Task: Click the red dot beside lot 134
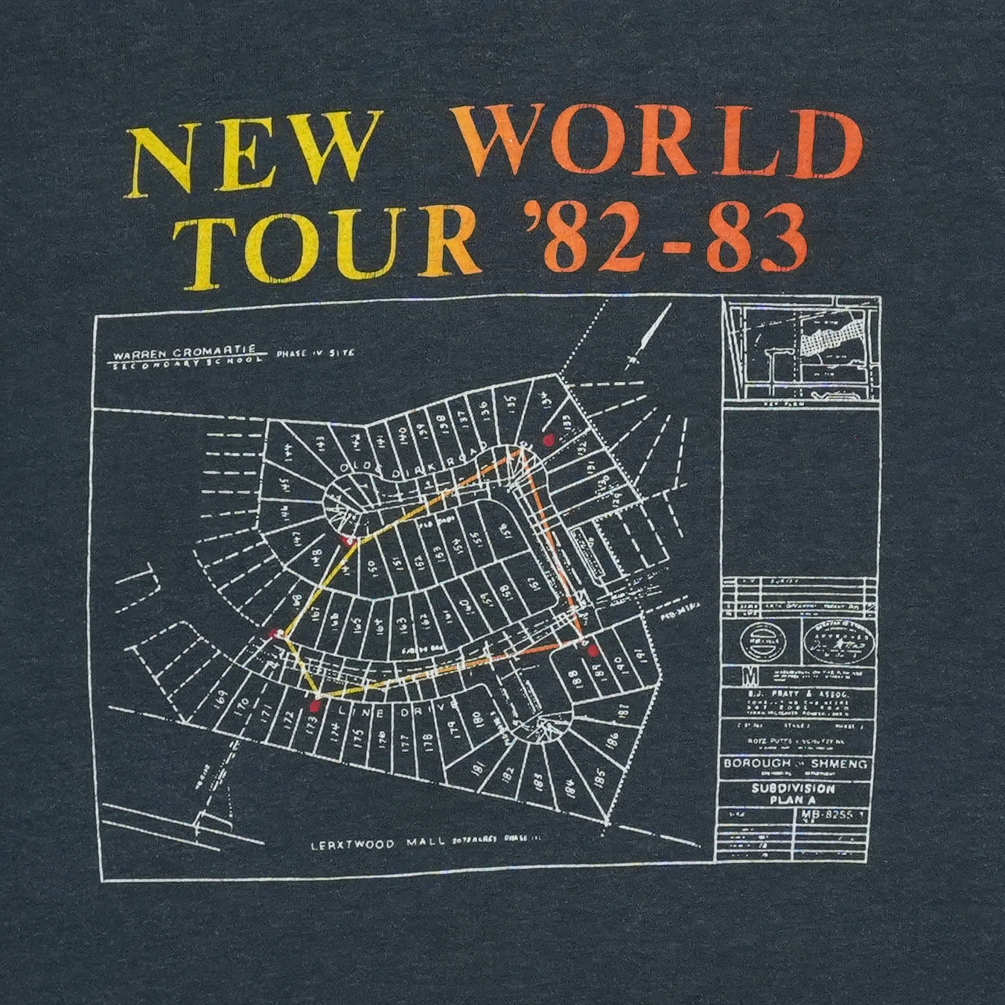click(x=549, y=440)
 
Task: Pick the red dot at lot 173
click(x=316, y=703)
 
